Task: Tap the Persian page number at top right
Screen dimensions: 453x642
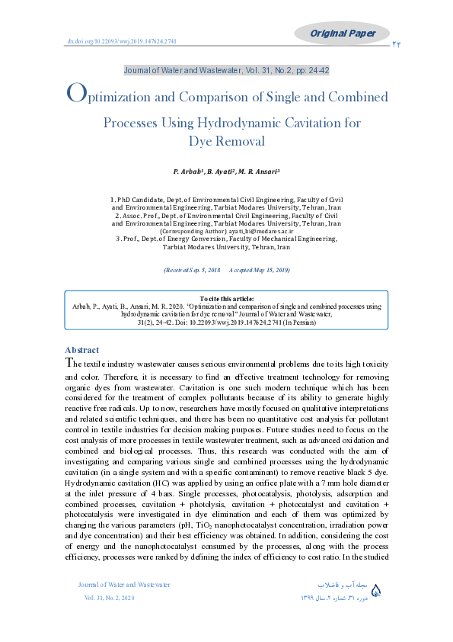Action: (x=397, y=46)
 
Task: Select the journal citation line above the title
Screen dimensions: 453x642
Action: (x=226, y=69)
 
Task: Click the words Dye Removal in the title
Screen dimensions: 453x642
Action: (x=226, y=141)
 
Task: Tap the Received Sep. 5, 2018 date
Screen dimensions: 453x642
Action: (x=192, y=271)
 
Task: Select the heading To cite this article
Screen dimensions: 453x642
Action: (x=226, y=298)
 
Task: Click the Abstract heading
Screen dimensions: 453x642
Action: (x=82, y=350)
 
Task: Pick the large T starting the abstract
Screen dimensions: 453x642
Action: (x=70, y=363)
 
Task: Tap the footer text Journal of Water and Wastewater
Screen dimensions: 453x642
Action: (x=124, y=585)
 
